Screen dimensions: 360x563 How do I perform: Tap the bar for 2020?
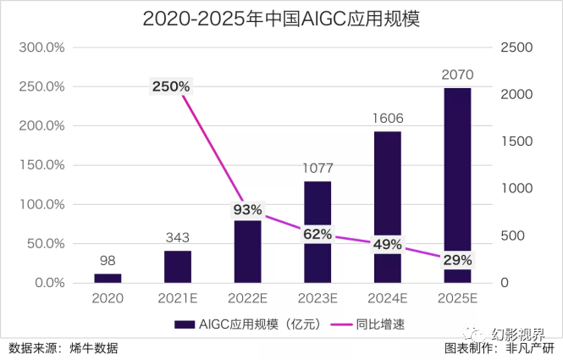pos(108,278)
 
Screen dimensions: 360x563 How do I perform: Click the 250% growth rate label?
pos(172,86)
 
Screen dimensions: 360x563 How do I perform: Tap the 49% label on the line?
pos(387,244)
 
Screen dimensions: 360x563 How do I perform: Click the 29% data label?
pos(456,259)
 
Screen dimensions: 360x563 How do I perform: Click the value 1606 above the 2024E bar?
pos(387,119)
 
